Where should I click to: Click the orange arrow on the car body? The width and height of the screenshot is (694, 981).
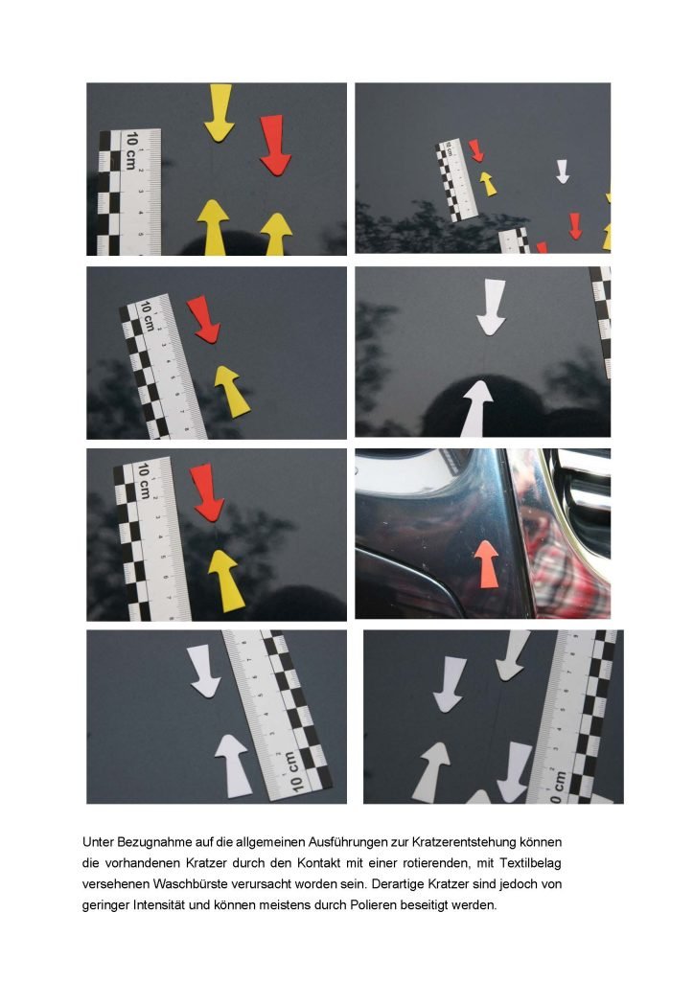(x=486, y=564)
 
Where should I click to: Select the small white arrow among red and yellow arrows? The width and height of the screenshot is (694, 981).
(x=563, y=171)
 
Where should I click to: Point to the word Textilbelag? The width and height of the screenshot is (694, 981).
(x=530, y=863)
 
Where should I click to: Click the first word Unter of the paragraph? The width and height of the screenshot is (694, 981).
(x=98, y=842)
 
